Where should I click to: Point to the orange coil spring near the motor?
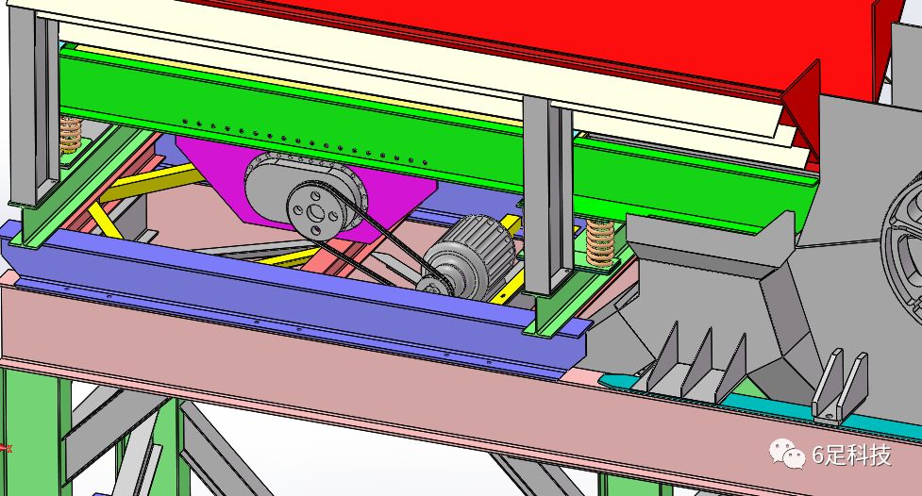[600, 242]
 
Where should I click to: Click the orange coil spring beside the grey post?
[71, 135]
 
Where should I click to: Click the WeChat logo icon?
[787, 454]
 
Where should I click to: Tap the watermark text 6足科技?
[851, 455]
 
